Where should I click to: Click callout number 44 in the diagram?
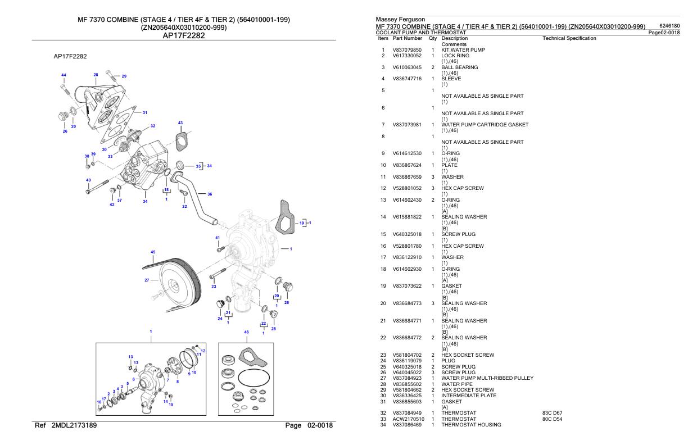pos(64,75)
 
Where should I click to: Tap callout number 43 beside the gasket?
pos(180,122)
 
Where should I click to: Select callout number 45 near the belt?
pos(153,252)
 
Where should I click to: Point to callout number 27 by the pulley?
pos(147,280)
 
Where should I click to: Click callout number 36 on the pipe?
pos(210,194)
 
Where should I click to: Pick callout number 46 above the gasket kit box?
pos(246,333)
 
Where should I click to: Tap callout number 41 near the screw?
pos(218,238)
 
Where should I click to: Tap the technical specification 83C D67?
pos(554,413)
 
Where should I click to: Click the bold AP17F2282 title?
pos(183,36)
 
